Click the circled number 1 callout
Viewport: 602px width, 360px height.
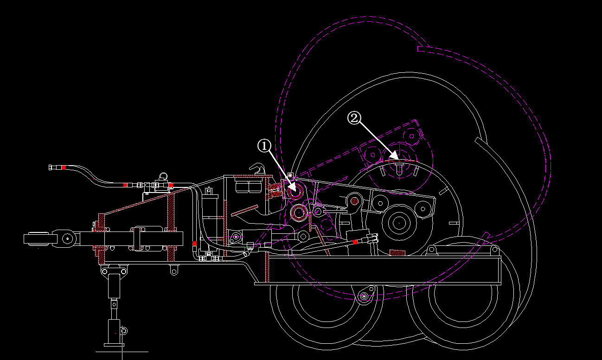coord(264,146)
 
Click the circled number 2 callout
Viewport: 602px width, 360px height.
coord(354,118)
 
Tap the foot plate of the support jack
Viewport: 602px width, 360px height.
coord(114,345)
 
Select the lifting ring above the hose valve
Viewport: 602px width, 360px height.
coord(163,176)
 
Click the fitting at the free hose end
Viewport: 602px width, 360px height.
coord(51,167)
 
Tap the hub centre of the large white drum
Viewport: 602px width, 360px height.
coord(398,222)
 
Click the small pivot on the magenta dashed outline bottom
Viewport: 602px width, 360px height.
coord(364,296)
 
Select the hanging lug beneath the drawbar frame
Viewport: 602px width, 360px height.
coord(174,270)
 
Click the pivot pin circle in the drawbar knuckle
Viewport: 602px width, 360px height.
coord(68,239)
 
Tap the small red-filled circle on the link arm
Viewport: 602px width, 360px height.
coord(355,201)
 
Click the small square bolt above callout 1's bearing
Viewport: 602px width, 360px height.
coord(290,175)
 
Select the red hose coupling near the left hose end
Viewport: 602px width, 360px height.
coord(64,167)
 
